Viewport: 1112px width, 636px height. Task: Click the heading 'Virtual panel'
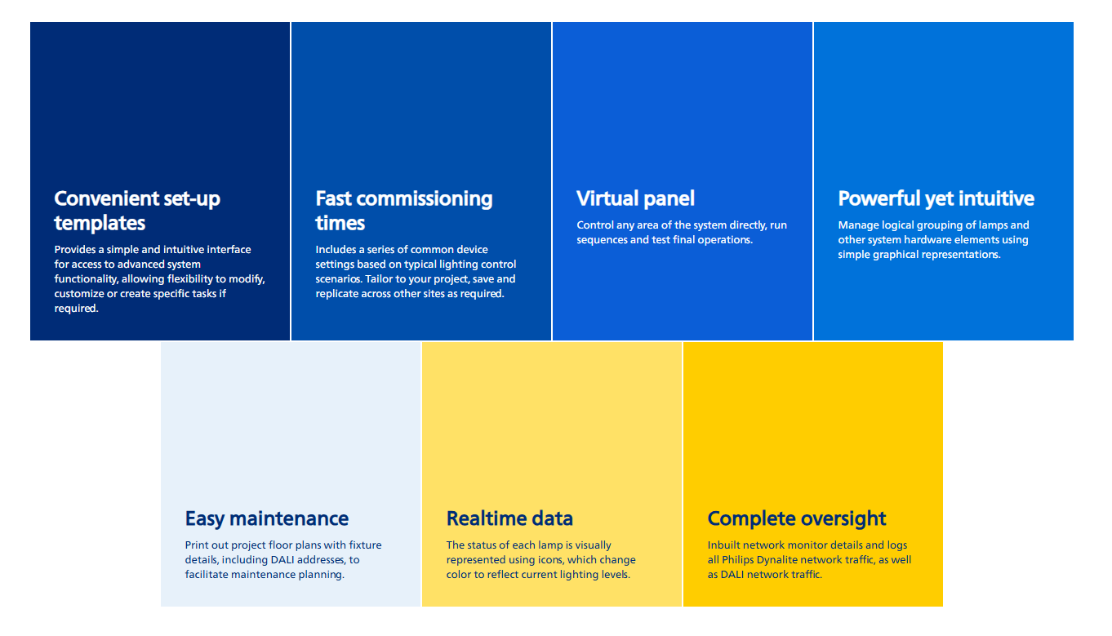pos(635,198)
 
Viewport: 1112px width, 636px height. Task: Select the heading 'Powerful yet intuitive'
pos(936,198)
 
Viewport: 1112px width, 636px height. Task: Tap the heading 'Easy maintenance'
pos(267,518)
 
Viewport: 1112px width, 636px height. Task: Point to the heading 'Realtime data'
pos(509,518)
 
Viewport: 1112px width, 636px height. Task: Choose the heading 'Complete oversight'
pos(797,519)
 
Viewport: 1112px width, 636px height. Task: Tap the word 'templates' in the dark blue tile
pos(100,224)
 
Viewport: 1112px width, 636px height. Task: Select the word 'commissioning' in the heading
pos(425,199)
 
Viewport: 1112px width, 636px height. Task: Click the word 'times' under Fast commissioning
pos(340,224)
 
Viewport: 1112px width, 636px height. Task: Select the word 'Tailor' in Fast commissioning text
pos(379,279)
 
